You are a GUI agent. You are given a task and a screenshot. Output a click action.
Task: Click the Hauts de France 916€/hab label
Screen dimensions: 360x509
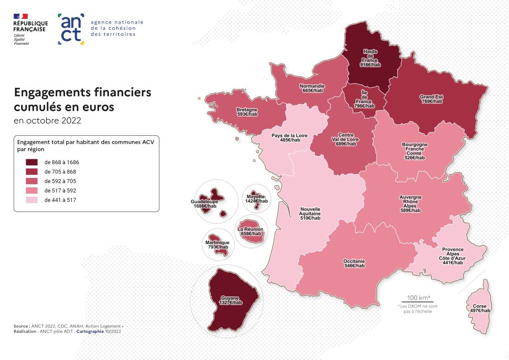(x=370, y=58)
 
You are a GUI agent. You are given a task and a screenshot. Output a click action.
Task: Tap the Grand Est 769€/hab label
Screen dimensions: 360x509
(x=431, y=99)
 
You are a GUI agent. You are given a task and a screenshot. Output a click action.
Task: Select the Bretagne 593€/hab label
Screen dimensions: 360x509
(x=247, y=112)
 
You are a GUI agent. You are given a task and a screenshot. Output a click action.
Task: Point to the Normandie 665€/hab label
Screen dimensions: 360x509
(x=312, y=88)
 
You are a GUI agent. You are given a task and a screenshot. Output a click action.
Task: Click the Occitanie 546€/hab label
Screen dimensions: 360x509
(x=354, y=263)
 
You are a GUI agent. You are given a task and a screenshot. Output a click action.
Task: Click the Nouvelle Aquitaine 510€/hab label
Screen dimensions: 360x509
(x=310, y=213)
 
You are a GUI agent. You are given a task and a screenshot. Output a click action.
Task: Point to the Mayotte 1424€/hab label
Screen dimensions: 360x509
(x=256, y=198)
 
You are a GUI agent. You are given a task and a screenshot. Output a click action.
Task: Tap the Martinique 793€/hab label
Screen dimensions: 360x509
(x=217, y=245)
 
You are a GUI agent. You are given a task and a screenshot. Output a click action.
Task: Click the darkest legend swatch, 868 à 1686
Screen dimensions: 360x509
(x=32, y=162)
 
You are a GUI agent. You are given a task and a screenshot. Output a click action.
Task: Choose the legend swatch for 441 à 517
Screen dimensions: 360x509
(x=32, y=200)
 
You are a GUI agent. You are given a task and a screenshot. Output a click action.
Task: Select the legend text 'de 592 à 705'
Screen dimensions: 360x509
(x=60, y=181)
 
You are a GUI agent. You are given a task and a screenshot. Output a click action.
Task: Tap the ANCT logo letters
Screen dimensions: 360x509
(x=71, y=29)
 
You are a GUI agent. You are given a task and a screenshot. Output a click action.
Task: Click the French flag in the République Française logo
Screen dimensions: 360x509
(x=20, y=16)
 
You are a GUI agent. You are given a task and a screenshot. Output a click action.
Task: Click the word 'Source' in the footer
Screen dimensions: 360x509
(x=22, y=326)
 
